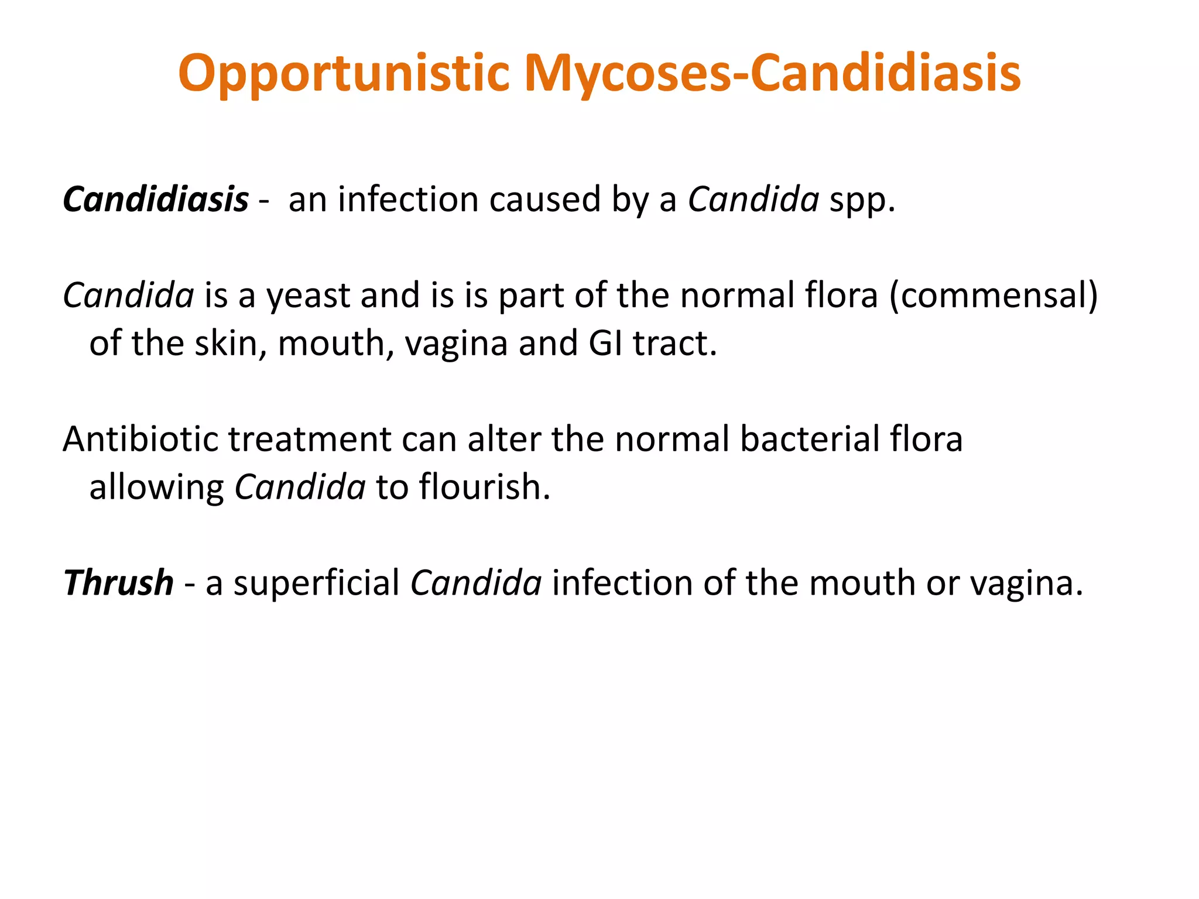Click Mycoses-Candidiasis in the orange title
772,74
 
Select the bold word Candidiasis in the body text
156,200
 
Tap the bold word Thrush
118,583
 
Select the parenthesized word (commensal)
994,296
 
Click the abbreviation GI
605,343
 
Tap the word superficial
316,583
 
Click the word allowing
156,488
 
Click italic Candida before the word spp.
753,200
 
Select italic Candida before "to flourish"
300,487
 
